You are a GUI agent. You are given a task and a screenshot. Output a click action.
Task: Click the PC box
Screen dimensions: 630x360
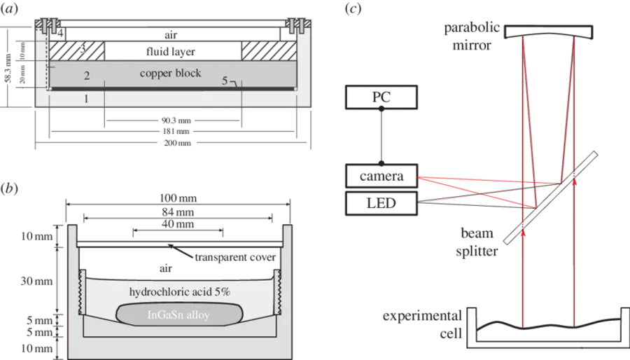[x=381, y=97]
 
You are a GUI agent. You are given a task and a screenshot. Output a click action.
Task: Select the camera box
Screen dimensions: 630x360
[x=381, y=176]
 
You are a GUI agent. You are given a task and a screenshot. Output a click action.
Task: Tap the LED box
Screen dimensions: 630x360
[x=381, y=203]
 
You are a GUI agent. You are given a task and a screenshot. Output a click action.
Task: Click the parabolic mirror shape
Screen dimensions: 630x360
[x=548, y=32]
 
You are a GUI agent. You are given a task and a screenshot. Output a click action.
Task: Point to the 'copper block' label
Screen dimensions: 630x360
[x=170, y=73]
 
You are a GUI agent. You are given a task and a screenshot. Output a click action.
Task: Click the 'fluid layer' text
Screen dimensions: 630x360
[x=171, y=51]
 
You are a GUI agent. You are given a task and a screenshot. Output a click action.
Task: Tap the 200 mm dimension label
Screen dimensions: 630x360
[x=177, y=143]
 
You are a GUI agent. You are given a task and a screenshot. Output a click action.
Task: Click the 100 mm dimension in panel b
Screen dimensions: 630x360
[x=178, y=198]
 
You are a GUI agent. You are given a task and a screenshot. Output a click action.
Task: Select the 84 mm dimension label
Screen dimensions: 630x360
[x=178, y=212]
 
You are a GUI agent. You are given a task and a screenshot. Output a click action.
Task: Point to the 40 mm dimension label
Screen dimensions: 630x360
[x=178, y=224]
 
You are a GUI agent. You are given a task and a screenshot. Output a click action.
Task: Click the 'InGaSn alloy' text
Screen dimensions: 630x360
[x=178, y=314]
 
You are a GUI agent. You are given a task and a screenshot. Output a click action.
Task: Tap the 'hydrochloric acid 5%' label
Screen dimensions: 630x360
[x=180, y=291]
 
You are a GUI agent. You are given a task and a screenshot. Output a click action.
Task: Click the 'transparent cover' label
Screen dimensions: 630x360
[x=235, y=257]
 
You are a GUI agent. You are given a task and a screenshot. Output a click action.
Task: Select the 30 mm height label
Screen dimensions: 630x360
[x=36, y=281]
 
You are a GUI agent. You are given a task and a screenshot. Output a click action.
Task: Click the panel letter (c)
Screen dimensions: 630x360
[x=353, y=9]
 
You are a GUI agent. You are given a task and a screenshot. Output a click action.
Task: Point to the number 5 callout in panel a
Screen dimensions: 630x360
[x=225, y=81]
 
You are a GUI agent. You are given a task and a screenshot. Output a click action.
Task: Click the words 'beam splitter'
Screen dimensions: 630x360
[x=477, y=242]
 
